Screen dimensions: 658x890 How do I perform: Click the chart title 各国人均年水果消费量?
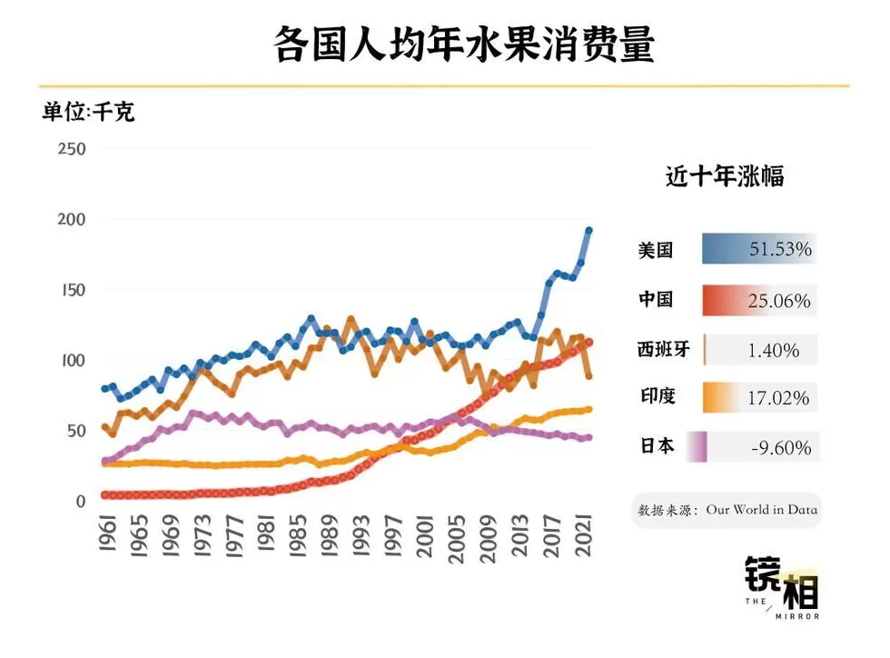tap(464, 45)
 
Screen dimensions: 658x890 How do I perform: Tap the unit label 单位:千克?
tap(88, 113)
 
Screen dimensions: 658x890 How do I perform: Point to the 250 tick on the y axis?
tap(71, 149)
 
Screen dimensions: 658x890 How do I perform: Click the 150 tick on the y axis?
tap(71, 290)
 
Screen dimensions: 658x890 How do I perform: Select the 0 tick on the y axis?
tap(80, 501)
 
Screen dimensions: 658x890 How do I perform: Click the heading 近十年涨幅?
tap(725, 177)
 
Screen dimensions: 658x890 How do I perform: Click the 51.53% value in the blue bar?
tap(779, 249)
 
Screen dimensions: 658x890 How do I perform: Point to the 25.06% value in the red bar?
tap(779, 300)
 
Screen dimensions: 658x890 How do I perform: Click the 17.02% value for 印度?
tap(779, 398)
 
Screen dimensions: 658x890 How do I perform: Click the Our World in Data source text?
tap(761, 510)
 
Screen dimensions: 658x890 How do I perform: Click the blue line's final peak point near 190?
tap(588, 231)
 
